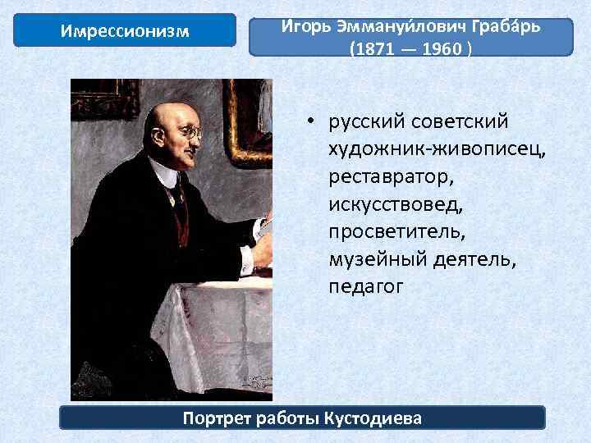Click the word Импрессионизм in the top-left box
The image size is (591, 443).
[x=126, y=32]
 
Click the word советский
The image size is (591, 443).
[x=465, y=122]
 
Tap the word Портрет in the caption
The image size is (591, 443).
[x=215, y=418]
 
